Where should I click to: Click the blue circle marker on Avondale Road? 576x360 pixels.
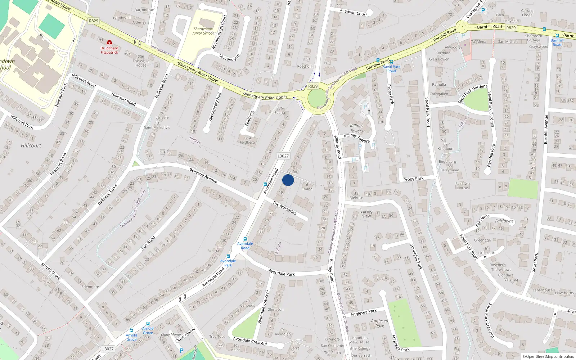288,180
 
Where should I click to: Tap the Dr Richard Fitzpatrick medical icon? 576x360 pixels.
109,42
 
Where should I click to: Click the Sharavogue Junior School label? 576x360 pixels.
203,31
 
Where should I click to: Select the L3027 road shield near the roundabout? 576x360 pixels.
283,156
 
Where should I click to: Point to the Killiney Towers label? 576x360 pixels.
356,128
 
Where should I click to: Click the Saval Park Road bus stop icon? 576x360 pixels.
392,62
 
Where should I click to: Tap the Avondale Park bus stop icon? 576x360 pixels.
228,256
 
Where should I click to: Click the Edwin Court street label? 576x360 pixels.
356,13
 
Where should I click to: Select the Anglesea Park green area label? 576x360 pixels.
379,323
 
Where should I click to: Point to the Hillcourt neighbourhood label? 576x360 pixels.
31,145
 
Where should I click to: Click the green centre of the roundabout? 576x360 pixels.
316,98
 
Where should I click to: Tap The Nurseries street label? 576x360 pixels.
284,208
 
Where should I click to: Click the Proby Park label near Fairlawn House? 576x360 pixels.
413,179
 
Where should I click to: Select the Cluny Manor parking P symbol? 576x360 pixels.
181,350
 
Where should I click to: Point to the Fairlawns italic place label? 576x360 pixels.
504,221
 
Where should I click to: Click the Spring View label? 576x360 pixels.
366,214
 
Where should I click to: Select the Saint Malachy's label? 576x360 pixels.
157,127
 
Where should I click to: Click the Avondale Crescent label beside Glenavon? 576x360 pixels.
264,307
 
